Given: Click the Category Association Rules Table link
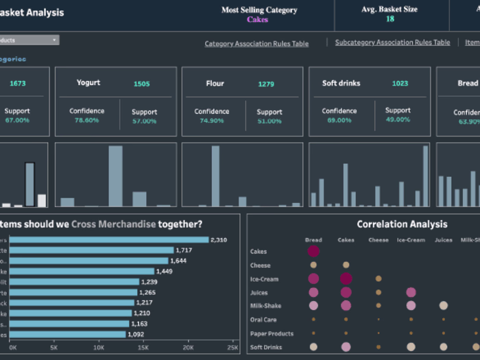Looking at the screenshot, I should click(x=256, y=44).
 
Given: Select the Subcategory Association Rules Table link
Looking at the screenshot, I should click(x=392, y=43).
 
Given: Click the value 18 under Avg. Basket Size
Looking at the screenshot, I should click(x=389, y=19).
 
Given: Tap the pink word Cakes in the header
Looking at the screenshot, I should click(x=258, y=20).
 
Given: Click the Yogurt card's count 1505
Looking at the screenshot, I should click(x=141, y=84).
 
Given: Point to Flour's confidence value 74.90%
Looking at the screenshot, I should click(x=211, y=121).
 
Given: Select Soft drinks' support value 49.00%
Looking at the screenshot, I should click(x=398, y=119).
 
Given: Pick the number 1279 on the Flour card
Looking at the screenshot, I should click(x=266, y=84).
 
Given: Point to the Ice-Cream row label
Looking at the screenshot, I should click(x=264, y=279).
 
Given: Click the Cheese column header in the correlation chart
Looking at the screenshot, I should click(x=378, y=240).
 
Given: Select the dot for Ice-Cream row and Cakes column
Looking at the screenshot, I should click(x=346, y=278).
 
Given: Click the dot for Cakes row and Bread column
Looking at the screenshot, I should click(x=313, y=252).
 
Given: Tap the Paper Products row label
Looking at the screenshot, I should click(x=272, y=334).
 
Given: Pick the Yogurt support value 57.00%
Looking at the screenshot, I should click(x=144, y=121).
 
